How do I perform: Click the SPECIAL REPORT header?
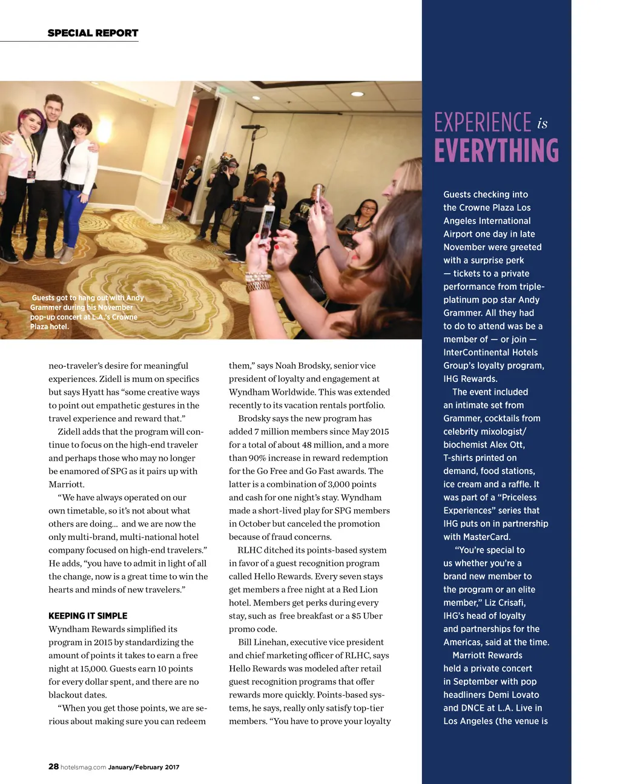click(x=93, y=33)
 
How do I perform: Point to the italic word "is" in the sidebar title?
click(x=542, y=124)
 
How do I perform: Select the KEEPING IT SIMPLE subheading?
click(x=88, y=616)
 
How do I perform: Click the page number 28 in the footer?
click(x=53, y=766)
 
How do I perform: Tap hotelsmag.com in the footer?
click(x=83, y=767)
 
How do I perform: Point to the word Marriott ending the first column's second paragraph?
click(x=67, y=484)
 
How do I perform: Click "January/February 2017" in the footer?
click(x=143, y=767)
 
